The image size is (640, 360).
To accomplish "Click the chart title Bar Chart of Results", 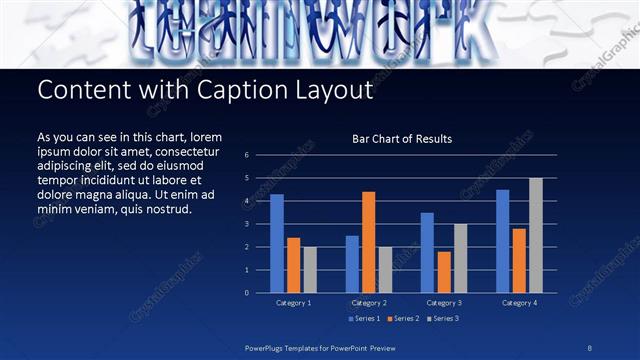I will [x=402, y=139].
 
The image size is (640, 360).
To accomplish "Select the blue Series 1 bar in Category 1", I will [x=277, y=243].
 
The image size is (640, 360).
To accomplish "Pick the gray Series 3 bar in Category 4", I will [x=535, y=235].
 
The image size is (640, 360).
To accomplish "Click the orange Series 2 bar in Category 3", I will [x=444, y=272].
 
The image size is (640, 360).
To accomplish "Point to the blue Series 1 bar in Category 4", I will [x=502, y=241].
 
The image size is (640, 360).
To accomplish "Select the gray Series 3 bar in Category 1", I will [x=310, y=270].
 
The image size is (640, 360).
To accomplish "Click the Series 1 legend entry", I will [x=364, y=318].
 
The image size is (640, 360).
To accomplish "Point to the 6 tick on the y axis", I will [x=246, y=156].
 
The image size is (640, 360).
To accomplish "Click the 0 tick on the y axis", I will [x=246, y=293].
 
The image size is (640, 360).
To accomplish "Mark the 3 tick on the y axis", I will [x=246, y=225].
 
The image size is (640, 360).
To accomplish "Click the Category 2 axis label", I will [x=369, y=302].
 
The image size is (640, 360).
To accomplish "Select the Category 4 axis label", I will [x=519, y=302].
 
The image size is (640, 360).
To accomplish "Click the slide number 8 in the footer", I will [x=591, y=347].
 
